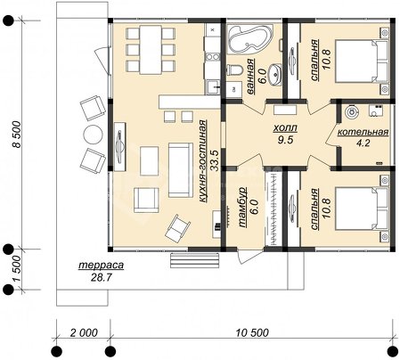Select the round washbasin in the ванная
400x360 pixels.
click(275, 73)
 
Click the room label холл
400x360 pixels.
click(285, 128)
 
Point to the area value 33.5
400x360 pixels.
click(215, 160)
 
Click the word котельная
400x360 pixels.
click(363, 132)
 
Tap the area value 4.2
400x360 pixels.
click(363, 143)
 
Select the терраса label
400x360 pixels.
click(101, 265)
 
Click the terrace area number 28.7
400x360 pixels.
click(101, 277)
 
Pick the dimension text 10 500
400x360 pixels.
click(252, 332)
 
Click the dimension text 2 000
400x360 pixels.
click(84, 332)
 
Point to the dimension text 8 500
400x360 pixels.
click(17, 135)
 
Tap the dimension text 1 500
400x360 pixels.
click(17, 269)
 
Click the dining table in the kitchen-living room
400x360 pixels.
click(151, 50)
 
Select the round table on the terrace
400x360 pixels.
click(94, 135)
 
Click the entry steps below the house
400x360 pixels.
click(195, 260)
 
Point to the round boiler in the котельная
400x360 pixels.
click(352, 112)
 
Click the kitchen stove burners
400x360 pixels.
click(213, 56)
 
